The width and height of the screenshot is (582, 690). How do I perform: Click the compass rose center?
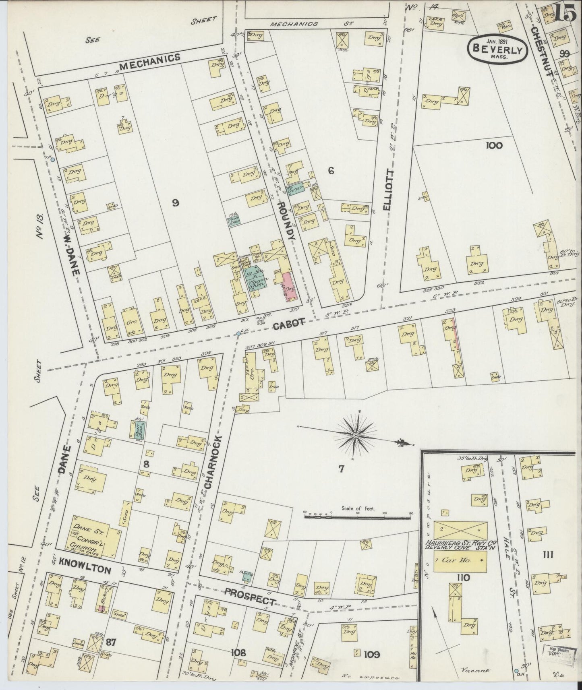(356, 436)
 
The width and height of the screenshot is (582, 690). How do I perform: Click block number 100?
(494, 145)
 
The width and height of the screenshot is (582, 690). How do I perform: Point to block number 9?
(175, 203)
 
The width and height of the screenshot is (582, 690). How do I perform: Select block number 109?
(371, 655)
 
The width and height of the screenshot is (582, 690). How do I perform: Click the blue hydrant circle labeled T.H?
(52, 160)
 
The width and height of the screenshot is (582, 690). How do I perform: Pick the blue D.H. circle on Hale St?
(516, 671)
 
